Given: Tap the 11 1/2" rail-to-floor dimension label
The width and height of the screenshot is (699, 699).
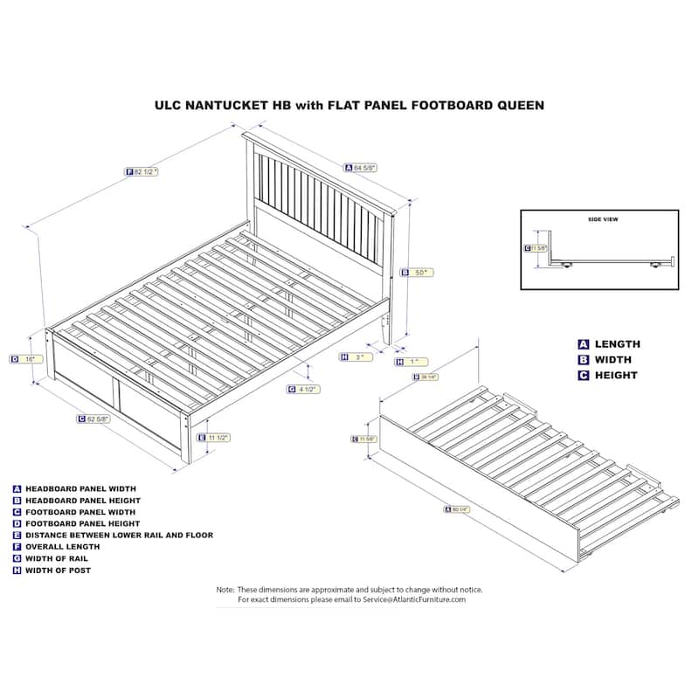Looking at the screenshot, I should pos(218,438).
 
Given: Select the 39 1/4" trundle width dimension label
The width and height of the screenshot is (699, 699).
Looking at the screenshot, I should pos(426,377).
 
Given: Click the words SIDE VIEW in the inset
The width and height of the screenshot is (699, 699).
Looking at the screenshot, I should pos(603,219).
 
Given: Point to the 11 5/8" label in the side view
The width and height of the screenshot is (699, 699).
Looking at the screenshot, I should pos(538,248).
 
